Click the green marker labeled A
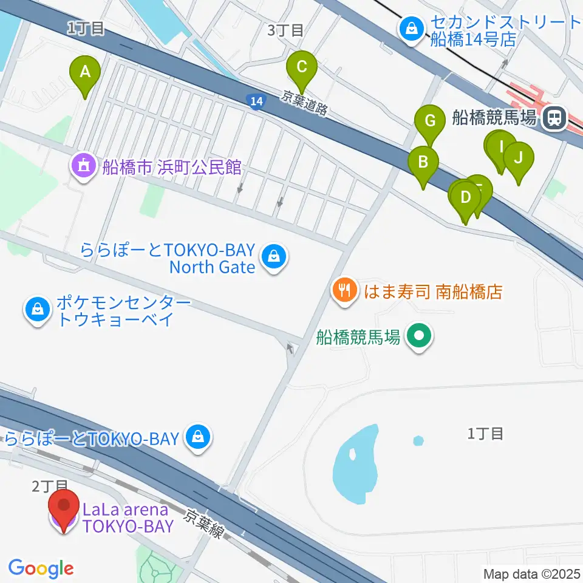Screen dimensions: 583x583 (86, 73)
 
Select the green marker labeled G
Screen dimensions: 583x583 (430, 121)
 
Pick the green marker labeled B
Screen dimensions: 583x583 (423, 163)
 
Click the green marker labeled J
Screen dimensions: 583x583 (518, 159)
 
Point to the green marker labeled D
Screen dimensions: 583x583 (465, 199)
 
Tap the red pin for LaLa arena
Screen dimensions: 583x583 (64, 507)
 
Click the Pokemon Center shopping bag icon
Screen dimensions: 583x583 (38, 310)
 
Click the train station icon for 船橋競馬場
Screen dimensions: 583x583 (554, 117)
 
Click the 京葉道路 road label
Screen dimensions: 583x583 (305, 102)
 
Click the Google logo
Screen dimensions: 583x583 (41, 568)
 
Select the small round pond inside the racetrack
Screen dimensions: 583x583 (418, 440)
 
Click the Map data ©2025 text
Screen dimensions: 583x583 (531, 573)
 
